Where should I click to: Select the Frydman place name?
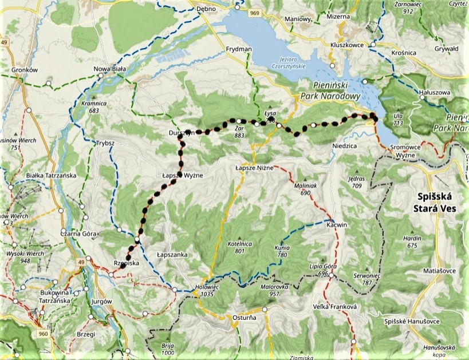[239, 49]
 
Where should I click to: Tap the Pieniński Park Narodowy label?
[332, 92]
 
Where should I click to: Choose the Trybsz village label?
[107, 143]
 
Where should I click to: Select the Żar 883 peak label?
[240, 132]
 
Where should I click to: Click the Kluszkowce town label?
[347, 44]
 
